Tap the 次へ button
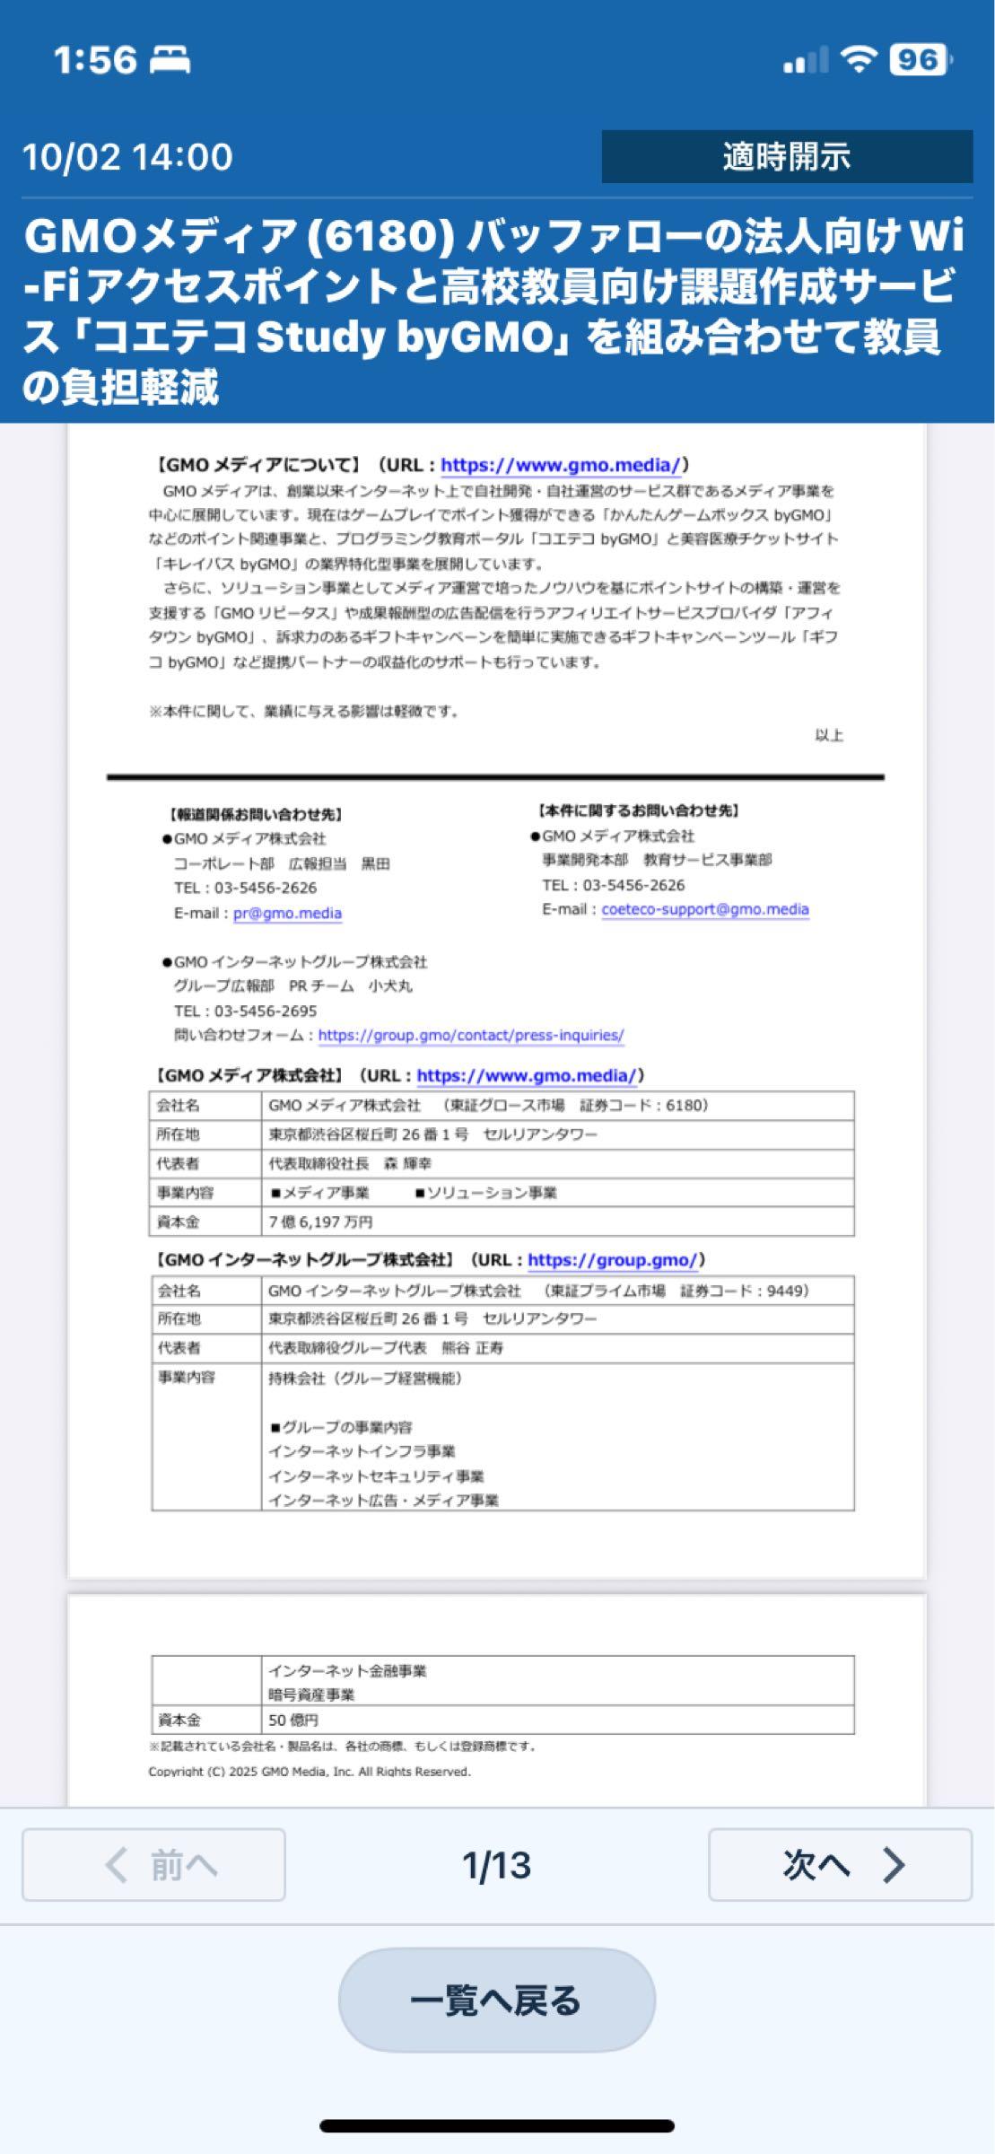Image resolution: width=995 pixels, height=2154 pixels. coord(840,1865)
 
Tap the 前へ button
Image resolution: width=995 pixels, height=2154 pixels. coord(153,1865)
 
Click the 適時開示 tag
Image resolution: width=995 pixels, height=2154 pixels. coord(786,157)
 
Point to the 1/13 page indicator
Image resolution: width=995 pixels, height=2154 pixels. coord(496,1865)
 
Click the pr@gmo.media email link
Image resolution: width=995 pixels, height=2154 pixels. coord(287,913)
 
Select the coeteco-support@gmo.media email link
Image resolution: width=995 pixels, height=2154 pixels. coord(705,909)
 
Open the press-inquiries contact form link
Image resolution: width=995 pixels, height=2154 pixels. coord(471,1035)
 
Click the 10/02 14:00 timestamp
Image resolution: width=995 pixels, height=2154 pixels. coord(127,157)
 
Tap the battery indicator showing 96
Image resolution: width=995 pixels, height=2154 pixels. coord(919,60)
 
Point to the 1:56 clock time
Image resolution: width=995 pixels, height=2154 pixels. coord(94,60)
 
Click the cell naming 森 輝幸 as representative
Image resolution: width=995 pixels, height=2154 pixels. coord(351,1163)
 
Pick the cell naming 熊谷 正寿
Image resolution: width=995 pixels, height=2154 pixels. coord(386,1348)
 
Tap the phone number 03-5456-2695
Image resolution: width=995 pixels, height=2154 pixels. coord(266,1011)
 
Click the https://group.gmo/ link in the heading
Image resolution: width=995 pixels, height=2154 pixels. coord(612,1260)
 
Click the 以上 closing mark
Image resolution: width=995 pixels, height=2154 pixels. coord(828,736)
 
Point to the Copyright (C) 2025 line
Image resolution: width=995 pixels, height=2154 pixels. coord(310,1772)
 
